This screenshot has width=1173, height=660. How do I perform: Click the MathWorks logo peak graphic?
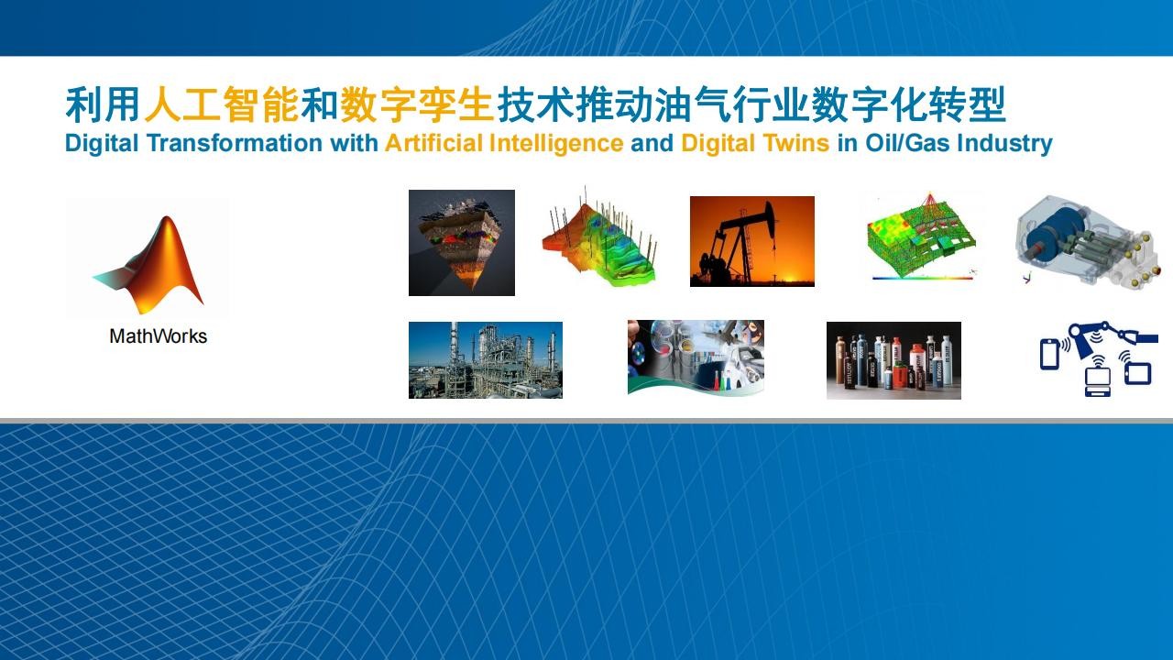coord(152,267)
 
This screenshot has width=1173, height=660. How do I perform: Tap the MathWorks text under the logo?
coord(159,336)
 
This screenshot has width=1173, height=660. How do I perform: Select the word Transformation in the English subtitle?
coord(235,143)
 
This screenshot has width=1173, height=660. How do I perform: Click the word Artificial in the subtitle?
coord(433,143)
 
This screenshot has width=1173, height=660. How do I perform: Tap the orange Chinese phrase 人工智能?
coord(221,104)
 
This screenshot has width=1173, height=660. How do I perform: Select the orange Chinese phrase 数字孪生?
coord(417,104)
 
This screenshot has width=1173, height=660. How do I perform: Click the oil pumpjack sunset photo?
coord(752,241)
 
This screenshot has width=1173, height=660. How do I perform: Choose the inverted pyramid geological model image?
coord(462,243)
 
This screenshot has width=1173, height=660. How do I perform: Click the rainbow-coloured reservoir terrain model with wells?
coord(599,238)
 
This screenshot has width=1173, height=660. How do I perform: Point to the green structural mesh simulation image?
coord(923,238)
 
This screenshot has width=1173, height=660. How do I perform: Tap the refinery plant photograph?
coord(486,360)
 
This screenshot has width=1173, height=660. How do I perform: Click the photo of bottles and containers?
coord(893,361)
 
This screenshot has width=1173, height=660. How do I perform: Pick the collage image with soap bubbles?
coord(696,357)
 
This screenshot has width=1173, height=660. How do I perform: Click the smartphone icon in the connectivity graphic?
coord(1049,355)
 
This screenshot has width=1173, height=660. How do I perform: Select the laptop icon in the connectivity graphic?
coord(1097,382)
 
